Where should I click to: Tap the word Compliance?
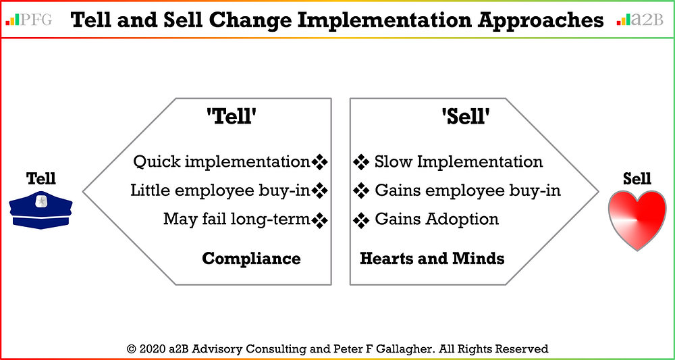pyautogui.click(x=251, y=258)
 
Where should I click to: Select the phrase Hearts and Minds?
pyautogui.click(x=432, y=258)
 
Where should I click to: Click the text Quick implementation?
pyautogui.click(x=221, y=162)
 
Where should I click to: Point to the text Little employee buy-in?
pyautogui.click(x=220, y=191)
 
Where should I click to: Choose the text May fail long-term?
pyautogui.click(x=237, y=220)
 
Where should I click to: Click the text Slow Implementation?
pyautogui.click(x=458, y=162)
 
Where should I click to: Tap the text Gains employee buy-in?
pyautogui.click(x=468, y=191)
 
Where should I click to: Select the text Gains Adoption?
pyautogui.click(x=437, y=220)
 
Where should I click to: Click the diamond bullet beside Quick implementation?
pyautogui.click(x=320, y=162)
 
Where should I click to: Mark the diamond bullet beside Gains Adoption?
pyautogui.click(x=361, y=220)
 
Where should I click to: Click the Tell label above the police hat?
pyautogui.click(x=41, y=179)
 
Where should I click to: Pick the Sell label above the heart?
pyautogui.click(x=637, y=179)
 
